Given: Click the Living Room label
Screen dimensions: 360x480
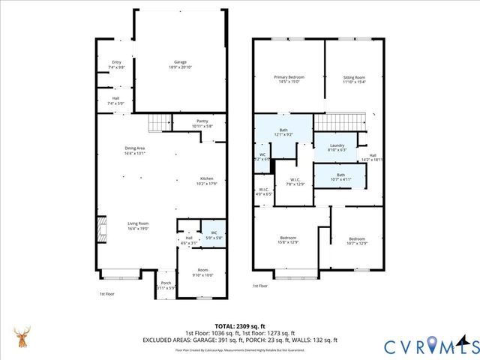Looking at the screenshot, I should (137, 225).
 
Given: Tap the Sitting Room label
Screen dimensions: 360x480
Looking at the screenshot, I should (354, 79).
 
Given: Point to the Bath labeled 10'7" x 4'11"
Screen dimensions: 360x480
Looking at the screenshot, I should (340, 178).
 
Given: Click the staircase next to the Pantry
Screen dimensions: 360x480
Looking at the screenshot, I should (160, 121).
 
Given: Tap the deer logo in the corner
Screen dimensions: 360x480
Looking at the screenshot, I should (22, 339).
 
